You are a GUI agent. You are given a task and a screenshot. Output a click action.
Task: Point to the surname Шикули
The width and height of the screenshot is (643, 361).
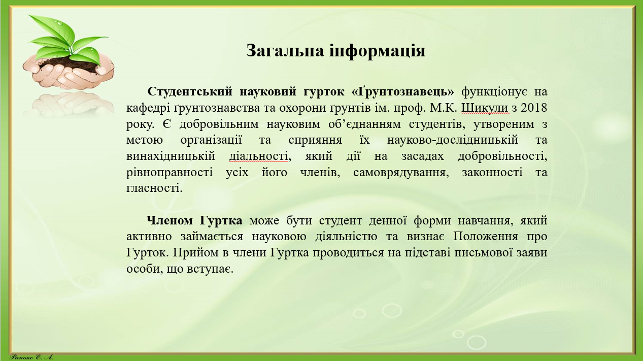[482, 108]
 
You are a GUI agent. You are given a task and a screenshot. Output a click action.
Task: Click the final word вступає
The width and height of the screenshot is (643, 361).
[212, 269]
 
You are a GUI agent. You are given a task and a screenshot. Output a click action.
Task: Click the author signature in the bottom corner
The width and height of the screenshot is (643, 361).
[31, 356]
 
